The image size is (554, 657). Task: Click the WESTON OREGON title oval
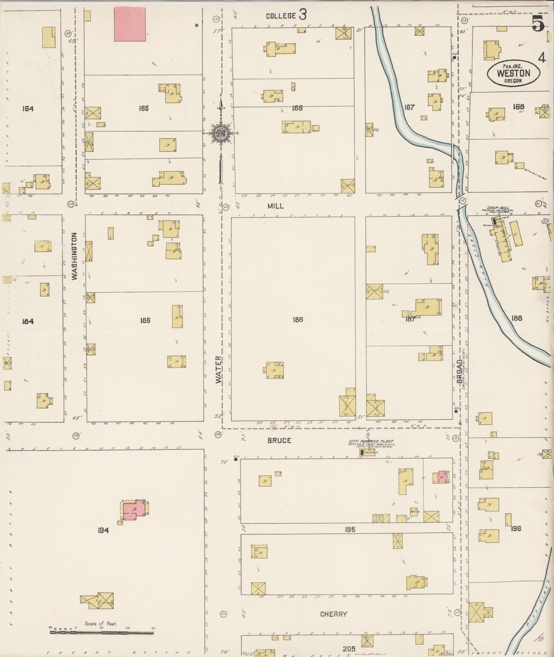513,73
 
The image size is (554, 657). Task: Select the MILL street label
275,206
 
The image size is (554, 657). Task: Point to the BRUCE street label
279,440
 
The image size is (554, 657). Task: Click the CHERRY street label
334,614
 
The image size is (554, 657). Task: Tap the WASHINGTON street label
74,256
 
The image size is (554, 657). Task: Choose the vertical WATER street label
219,370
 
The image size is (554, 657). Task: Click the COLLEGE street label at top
281,16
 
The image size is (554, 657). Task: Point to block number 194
103,531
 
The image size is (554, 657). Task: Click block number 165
143,108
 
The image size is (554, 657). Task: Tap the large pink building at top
130,25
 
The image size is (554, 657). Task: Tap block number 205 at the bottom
349,649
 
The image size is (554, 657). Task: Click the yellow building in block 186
274,370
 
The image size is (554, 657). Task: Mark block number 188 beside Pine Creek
516,318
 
